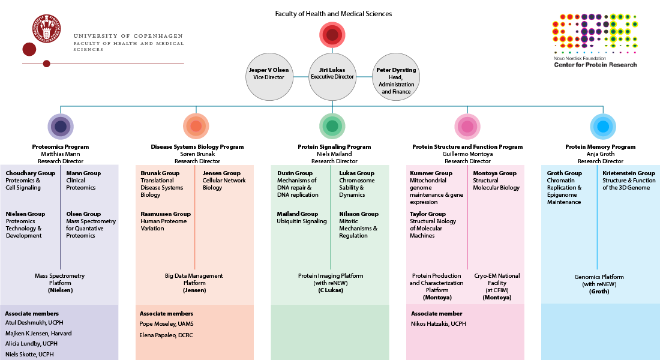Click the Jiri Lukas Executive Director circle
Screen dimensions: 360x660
[x=332, y=77]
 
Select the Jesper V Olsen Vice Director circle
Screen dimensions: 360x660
[x=268, y=77]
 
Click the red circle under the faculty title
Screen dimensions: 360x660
[x=332, y=35]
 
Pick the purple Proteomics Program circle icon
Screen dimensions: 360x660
[x=60, y=126]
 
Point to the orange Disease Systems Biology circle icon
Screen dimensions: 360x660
[x=196, y=126]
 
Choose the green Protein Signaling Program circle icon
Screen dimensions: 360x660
[x=332, y=126]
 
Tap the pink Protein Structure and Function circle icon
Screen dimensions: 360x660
[x=467, y=126]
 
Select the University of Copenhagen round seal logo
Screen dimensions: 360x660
[x=47, y=28]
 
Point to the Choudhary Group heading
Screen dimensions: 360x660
[x=30, y=173]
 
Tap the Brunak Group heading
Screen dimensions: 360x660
[x=160, y=173]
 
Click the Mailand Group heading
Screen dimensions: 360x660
[x=297, y=214]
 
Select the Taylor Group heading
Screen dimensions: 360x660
[x=427, y=214]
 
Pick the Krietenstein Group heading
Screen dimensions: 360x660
[x=629, y=173]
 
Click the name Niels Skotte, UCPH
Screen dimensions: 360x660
[x=29, y=355]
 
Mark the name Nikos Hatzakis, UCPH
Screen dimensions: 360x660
[x=438, y=324]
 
